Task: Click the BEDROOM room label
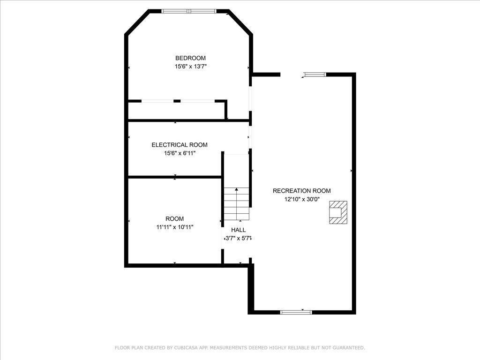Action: tap(190, 58)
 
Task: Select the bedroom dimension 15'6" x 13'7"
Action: tap(190, 66)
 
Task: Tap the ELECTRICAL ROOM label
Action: tap(180, 145)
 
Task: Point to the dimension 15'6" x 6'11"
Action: tap(180, 153)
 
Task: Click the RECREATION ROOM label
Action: tap(301, 191)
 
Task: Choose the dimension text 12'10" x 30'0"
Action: tap(302, 199)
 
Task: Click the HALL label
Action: tap(238, 230)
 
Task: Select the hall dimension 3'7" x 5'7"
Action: tap(238, 238)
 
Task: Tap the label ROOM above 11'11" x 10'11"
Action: tap(174, 218)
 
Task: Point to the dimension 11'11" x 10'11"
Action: tap(174, 227)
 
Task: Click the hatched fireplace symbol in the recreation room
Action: tap(338, 212)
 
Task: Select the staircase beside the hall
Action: tap(237, 203)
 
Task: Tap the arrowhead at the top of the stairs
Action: tap(236, 189)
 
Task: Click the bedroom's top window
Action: tap(189, 11)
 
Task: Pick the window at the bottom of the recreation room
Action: tap(296, 312)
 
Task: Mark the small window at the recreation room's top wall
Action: tap(315, 74)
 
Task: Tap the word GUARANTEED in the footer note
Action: tap(348, 348)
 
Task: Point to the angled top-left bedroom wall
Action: tap(137, 22)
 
